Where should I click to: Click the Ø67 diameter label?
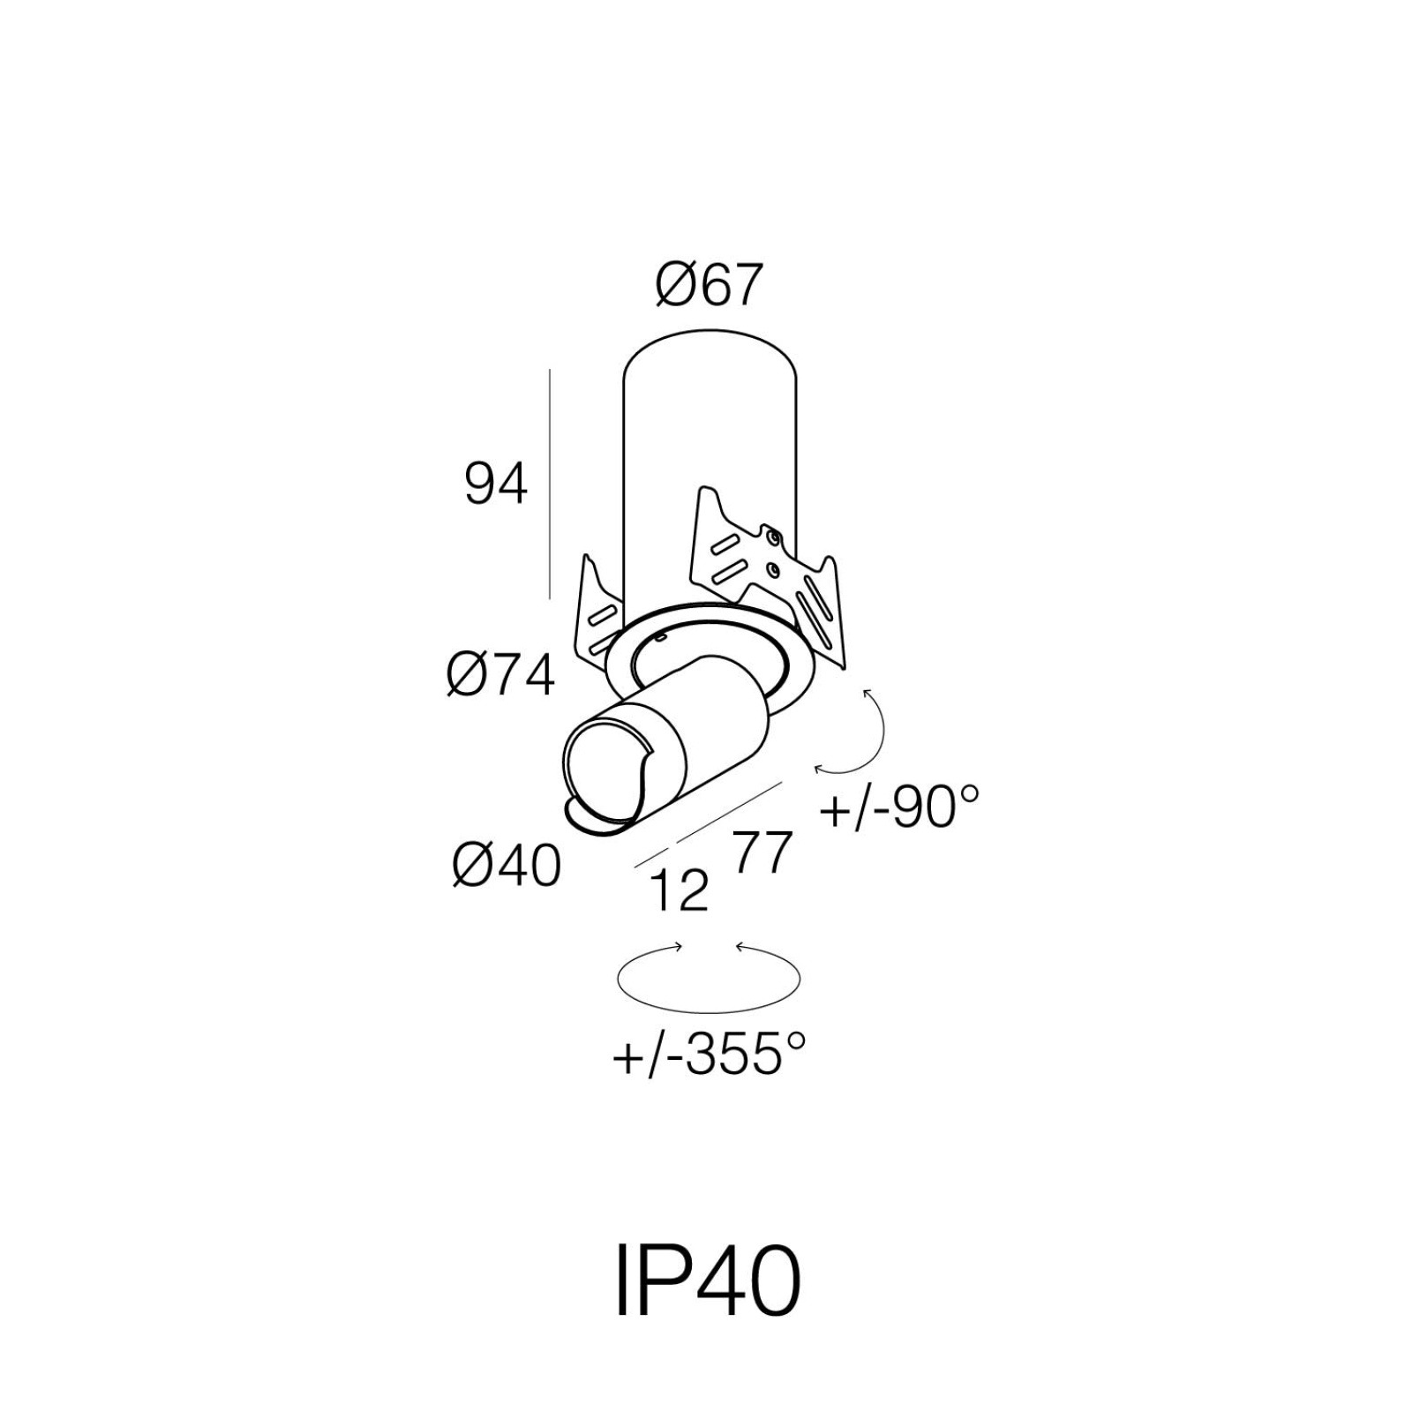pos(708,288)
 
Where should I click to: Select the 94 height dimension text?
pos(496,485)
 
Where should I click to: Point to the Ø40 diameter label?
pos(507,865)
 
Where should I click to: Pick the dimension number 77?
pos(760,852)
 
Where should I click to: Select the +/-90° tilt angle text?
pos(899,807)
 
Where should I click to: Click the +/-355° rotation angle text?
pos(709,1055)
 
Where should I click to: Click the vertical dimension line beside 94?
pos(550,484)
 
